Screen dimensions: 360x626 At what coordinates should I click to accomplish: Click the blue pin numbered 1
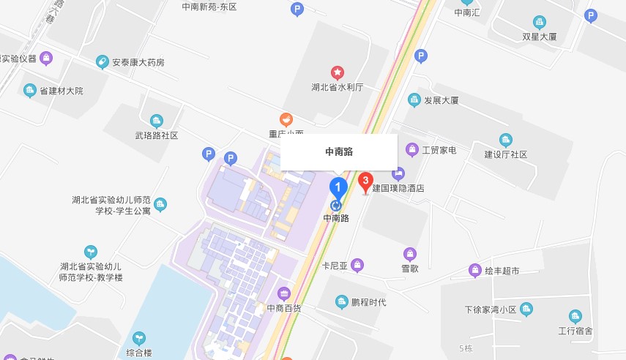pyautogui.click(x=337, y=187)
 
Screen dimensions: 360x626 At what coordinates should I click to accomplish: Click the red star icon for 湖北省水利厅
pyautogui.click(x=338, y=72)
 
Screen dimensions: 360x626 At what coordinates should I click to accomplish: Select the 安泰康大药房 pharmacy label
pyautogui.click(x=138, y=62)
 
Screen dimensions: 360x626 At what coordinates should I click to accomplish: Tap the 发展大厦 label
pyautogui.click(x=441, y=100)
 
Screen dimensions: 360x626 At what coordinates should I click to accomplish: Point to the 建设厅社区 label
pyautogui.click(x=506, y=154)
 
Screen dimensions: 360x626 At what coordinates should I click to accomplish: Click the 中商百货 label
pyautogui.click(x=284, y=308)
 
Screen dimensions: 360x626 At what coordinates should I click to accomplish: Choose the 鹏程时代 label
pyautogui.click(x=368, y=302)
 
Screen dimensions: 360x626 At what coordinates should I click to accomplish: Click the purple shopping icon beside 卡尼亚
pyautogui.click(x=357, y=265)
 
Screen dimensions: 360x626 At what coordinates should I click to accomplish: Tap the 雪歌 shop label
pyautogui.click(x=411, y=269)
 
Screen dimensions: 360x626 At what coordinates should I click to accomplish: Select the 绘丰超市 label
pyautogui.click(x=502, y=271)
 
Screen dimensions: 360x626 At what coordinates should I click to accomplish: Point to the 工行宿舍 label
pyautogui.click(x=575, y=331)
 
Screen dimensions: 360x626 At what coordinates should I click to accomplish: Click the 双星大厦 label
pyautogui.click(x=540, y=36)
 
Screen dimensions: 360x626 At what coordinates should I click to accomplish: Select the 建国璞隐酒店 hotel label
pyautogui.click(x=398, y=188)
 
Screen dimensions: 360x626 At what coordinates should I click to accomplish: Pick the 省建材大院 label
pyautogui.click(x=62, y=91)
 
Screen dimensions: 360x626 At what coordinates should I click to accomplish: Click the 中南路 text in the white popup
pyautogui.click(x=339, y=152)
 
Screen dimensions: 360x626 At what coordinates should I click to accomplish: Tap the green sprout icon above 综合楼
pyautogui.click(x=138, y=338)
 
